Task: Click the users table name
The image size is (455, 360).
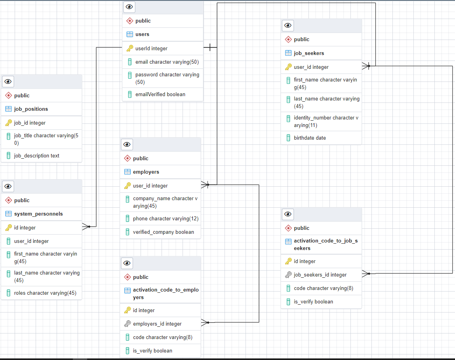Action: click(x=142, y=34)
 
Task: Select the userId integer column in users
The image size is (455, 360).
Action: click(x=151, y=49)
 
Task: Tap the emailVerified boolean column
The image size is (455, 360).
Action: click(x=160, y=95)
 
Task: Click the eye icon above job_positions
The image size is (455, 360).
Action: click(x=8, y=82)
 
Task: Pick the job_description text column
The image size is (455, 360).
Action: click(x=36, y=156)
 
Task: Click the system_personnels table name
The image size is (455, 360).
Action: click(x=38, y=214)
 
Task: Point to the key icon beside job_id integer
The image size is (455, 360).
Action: click(x=8, y=123)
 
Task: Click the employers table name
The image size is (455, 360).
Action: click(x=146, y=172)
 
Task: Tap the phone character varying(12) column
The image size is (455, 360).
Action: click(x=166, y=219)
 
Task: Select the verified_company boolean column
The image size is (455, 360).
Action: click(x=163, y=232)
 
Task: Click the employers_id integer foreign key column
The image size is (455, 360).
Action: click(x=157, y=324)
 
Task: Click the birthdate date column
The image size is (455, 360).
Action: click(x=310, y=138)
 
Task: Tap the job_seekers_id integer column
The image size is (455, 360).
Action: click(x=320, y=275)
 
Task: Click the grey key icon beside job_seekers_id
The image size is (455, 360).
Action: click(x=288, y=275)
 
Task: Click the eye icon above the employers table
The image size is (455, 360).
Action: click(x=127, y=145)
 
